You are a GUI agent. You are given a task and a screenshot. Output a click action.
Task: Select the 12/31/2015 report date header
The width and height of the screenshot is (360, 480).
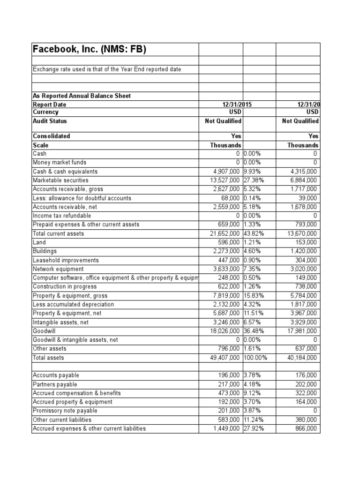232,105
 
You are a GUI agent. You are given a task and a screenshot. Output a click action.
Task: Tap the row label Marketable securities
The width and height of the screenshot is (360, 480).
60,180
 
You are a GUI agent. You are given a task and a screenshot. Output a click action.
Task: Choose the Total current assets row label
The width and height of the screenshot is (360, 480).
58,233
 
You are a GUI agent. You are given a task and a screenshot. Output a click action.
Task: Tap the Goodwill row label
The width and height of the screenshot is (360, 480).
44,331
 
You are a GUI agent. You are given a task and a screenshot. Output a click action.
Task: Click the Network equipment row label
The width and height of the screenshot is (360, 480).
58,269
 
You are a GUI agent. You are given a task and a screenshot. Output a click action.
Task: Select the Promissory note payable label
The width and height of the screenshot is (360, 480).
65,411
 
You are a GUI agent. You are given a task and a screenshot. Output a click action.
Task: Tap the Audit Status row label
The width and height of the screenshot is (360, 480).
50,121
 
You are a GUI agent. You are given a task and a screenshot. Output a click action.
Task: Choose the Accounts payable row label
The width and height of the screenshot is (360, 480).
56,375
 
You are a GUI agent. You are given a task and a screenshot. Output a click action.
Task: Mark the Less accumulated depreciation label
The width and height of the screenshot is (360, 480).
73,304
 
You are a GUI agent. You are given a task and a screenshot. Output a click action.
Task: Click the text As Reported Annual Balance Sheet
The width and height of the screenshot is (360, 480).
82,96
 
